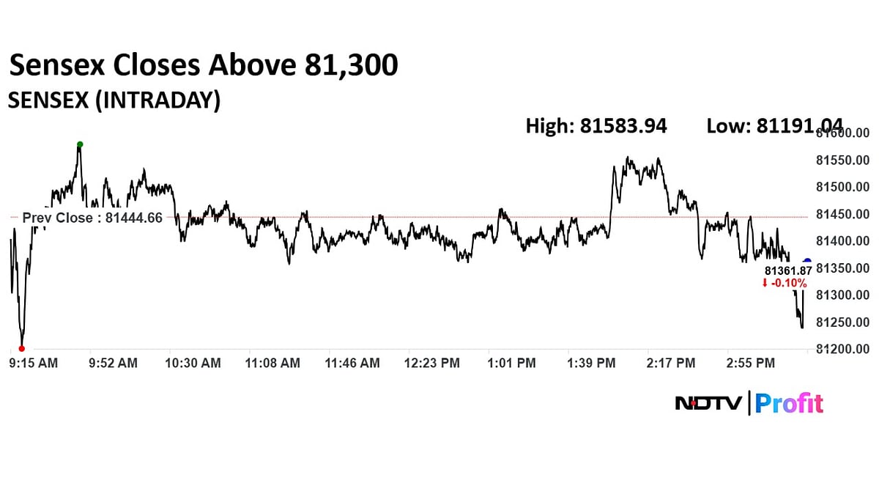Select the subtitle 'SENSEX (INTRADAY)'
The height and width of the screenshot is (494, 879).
pos(114,100)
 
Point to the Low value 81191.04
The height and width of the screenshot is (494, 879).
pos(774,126)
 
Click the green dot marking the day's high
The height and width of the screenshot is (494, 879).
pos(80,144)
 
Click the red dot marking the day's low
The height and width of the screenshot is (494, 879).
pos(21,349)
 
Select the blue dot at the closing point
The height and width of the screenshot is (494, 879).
pos(807,262)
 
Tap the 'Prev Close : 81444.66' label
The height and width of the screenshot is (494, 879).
pos(92,218)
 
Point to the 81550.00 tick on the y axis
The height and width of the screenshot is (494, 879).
pos(842,161)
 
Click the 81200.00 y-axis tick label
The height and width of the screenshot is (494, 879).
pos(842,349)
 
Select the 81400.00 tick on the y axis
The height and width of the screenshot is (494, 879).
pos(842,241)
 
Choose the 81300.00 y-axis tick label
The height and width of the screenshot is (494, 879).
pos(842,295)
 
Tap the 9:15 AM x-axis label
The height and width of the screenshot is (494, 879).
pos(33,363)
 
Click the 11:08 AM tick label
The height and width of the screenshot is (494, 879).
pos(272,363)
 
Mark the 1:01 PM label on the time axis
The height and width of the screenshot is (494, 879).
pos(511,363)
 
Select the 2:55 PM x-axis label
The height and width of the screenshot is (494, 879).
pos(750,363)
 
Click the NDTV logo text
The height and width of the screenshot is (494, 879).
pos(708,404)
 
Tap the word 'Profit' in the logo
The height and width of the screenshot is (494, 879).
pos(789,404)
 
